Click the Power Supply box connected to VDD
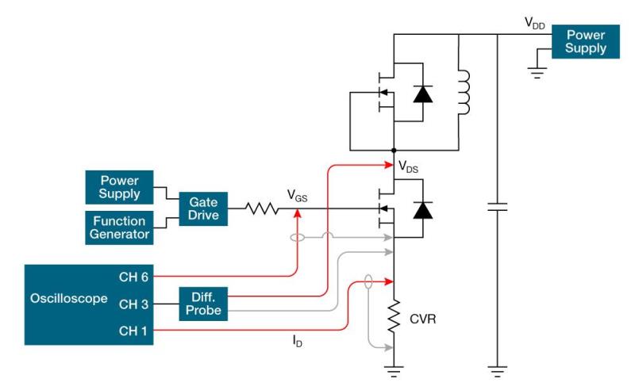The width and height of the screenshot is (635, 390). coord(586,41)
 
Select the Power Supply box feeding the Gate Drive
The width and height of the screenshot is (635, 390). coord(118,186)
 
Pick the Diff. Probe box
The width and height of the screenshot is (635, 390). coord(203,303)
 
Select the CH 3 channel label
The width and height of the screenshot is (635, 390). coord(133,304)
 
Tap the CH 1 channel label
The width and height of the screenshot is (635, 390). coord(133,331)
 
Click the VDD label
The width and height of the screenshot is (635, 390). coord(534,24)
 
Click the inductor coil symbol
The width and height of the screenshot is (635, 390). coord(464,94)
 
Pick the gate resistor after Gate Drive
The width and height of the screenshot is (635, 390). coord(261,209)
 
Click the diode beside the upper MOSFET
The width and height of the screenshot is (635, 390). coord(422,94)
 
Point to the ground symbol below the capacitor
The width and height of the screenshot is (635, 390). coord(496,369)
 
